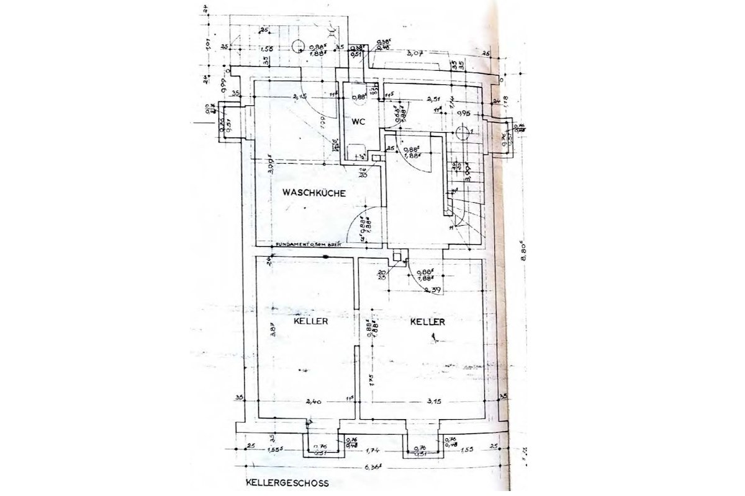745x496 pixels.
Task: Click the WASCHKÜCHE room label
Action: (314, 193)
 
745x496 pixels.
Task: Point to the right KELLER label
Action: (428, 322)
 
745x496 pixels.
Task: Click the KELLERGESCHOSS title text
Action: (287, 482)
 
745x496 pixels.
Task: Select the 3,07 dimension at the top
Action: (414, 55)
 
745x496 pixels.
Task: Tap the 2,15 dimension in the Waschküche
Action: (300, 97)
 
